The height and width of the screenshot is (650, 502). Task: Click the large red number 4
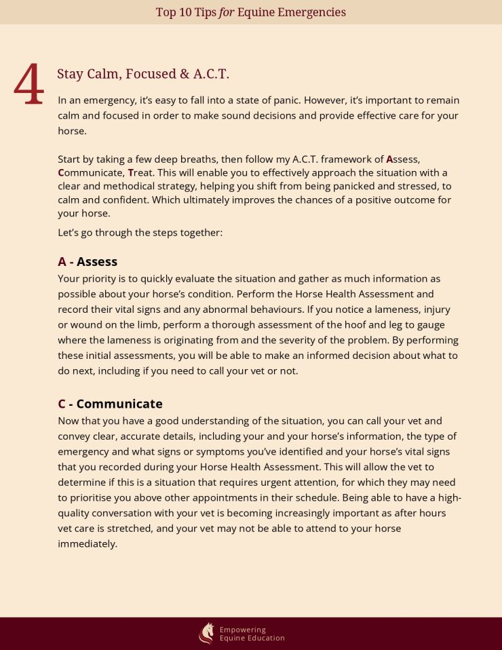click(x=29, y=85)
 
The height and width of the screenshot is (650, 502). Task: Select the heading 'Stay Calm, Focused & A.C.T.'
click(x=143, y=74)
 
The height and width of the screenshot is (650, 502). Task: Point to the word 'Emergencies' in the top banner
click(x=313, y=12)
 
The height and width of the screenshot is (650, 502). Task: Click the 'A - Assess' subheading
click(x=88, y=261)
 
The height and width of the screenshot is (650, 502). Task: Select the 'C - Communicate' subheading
click(x=110, y=404)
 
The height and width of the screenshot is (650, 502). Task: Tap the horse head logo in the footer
click(x=206, y=633)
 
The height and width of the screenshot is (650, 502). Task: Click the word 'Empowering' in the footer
click(x=242, y=630)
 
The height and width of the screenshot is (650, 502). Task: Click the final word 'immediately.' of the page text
click(x=88, y=543)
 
